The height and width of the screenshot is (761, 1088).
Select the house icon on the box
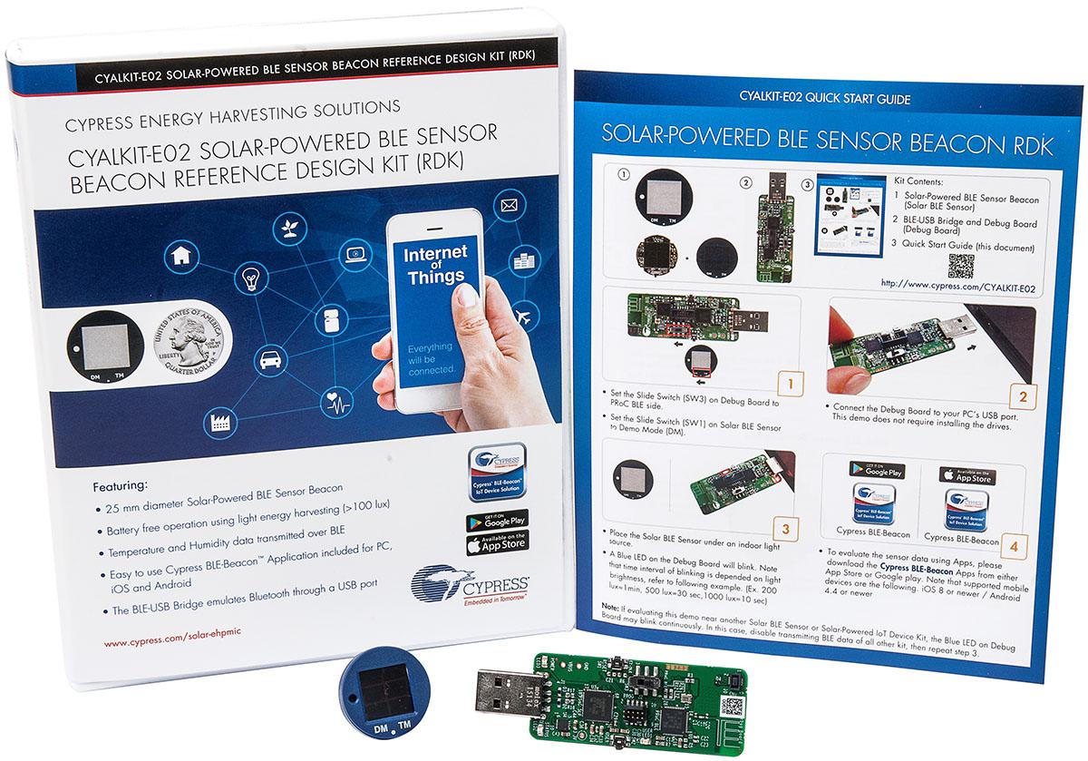tap(181, 255)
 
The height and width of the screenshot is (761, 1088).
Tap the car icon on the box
tap(271, 360)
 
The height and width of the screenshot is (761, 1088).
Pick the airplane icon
tap(524, 317)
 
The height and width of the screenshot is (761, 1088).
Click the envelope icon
tap(508, 206)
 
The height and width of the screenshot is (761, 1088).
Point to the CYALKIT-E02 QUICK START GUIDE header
tap(824, 98)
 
